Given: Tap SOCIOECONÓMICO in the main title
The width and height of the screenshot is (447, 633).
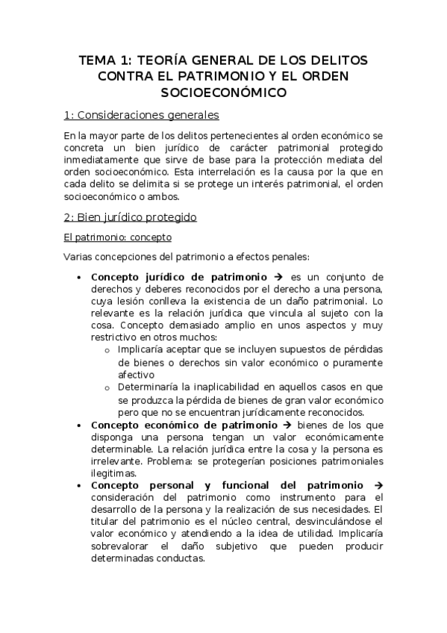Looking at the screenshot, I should pos(224,93).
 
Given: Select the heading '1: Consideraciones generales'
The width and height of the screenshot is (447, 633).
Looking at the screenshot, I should pos(141,116).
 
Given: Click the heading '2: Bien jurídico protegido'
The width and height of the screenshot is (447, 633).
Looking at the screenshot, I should pos(130,217).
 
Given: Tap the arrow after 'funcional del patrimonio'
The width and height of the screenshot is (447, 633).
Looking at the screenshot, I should pos(378,485).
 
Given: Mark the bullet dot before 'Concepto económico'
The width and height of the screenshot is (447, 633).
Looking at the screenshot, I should pos(80,425).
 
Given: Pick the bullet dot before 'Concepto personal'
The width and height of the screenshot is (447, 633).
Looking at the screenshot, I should pos(80,485).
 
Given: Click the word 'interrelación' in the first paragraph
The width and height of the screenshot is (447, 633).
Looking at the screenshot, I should pos(245,172).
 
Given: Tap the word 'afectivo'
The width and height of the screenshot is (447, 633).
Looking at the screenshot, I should pos(136,375).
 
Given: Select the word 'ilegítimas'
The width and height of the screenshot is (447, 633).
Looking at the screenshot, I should pos(113,473).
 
